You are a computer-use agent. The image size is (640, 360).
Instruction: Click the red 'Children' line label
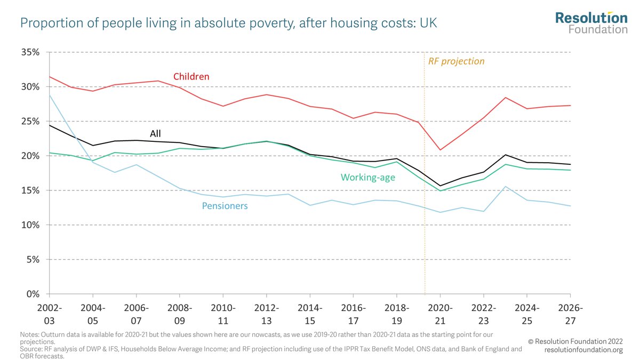(x=191, y=77)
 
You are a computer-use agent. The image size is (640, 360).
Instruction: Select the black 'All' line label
(x=155, y=133)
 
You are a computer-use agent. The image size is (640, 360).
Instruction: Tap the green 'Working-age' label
(x=369, y=178)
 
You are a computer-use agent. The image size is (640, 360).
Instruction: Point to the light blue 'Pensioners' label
(x=225, y=205)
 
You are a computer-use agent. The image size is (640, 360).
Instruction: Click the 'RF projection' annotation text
(x=457, y=61)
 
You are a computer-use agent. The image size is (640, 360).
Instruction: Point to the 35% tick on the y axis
(x=29, y=53)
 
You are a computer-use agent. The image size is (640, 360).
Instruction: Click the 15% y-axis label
(x=29, y=191)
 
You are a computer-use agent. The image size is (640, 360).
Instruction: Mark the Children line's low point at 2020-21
(x=440, y=150)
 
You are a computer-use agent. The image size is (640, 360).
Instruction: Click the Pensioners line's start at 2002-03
(x=49, y=95)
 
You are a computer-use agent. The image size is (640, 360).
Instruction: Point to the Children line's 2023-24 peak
(x=505, y=98)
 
